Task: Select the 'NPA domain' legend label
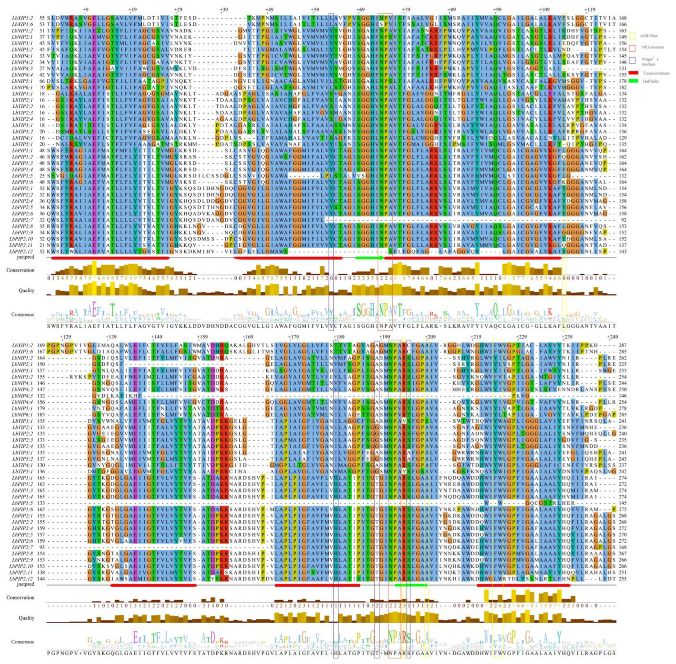(x=652, y=47)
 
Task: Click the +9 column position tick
(x=85, y=10)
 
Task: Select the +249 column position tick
(x=613, y=337)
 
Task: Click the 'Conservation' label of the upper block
(x=20, y=270)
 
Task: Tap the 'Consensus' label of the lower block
(x=22, y=642)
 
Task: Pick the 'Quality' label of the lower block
(x=26, y=618)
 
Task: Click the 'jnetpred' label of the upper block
(x=25, y=257)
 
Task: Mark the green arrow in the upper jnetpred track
(x=369, y=258)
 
